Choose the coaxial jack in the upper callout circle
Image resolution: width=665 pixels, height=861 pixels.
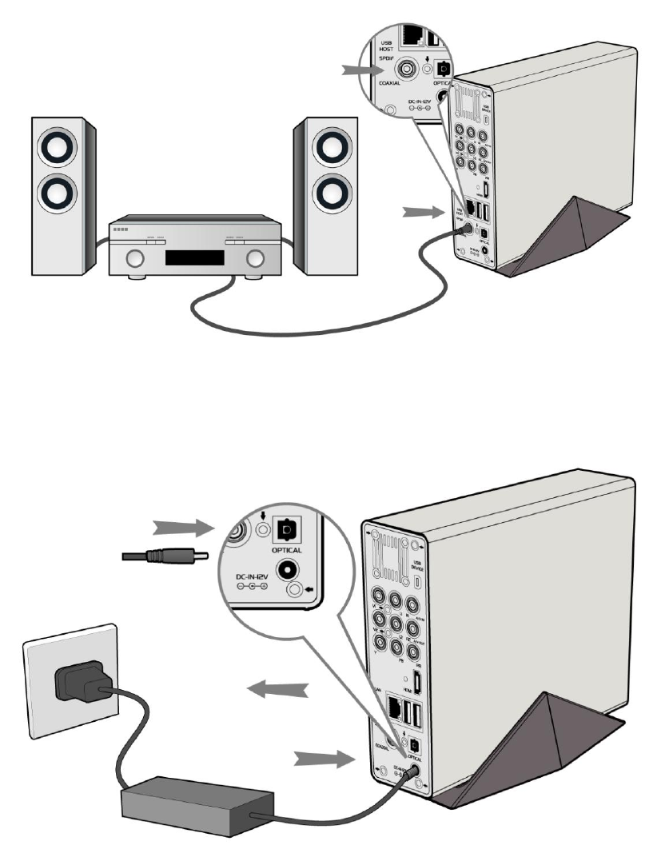click(x=408, y=70)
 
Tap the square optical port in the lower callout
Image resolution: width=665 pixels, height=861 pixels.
click(x=287, y=527)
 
